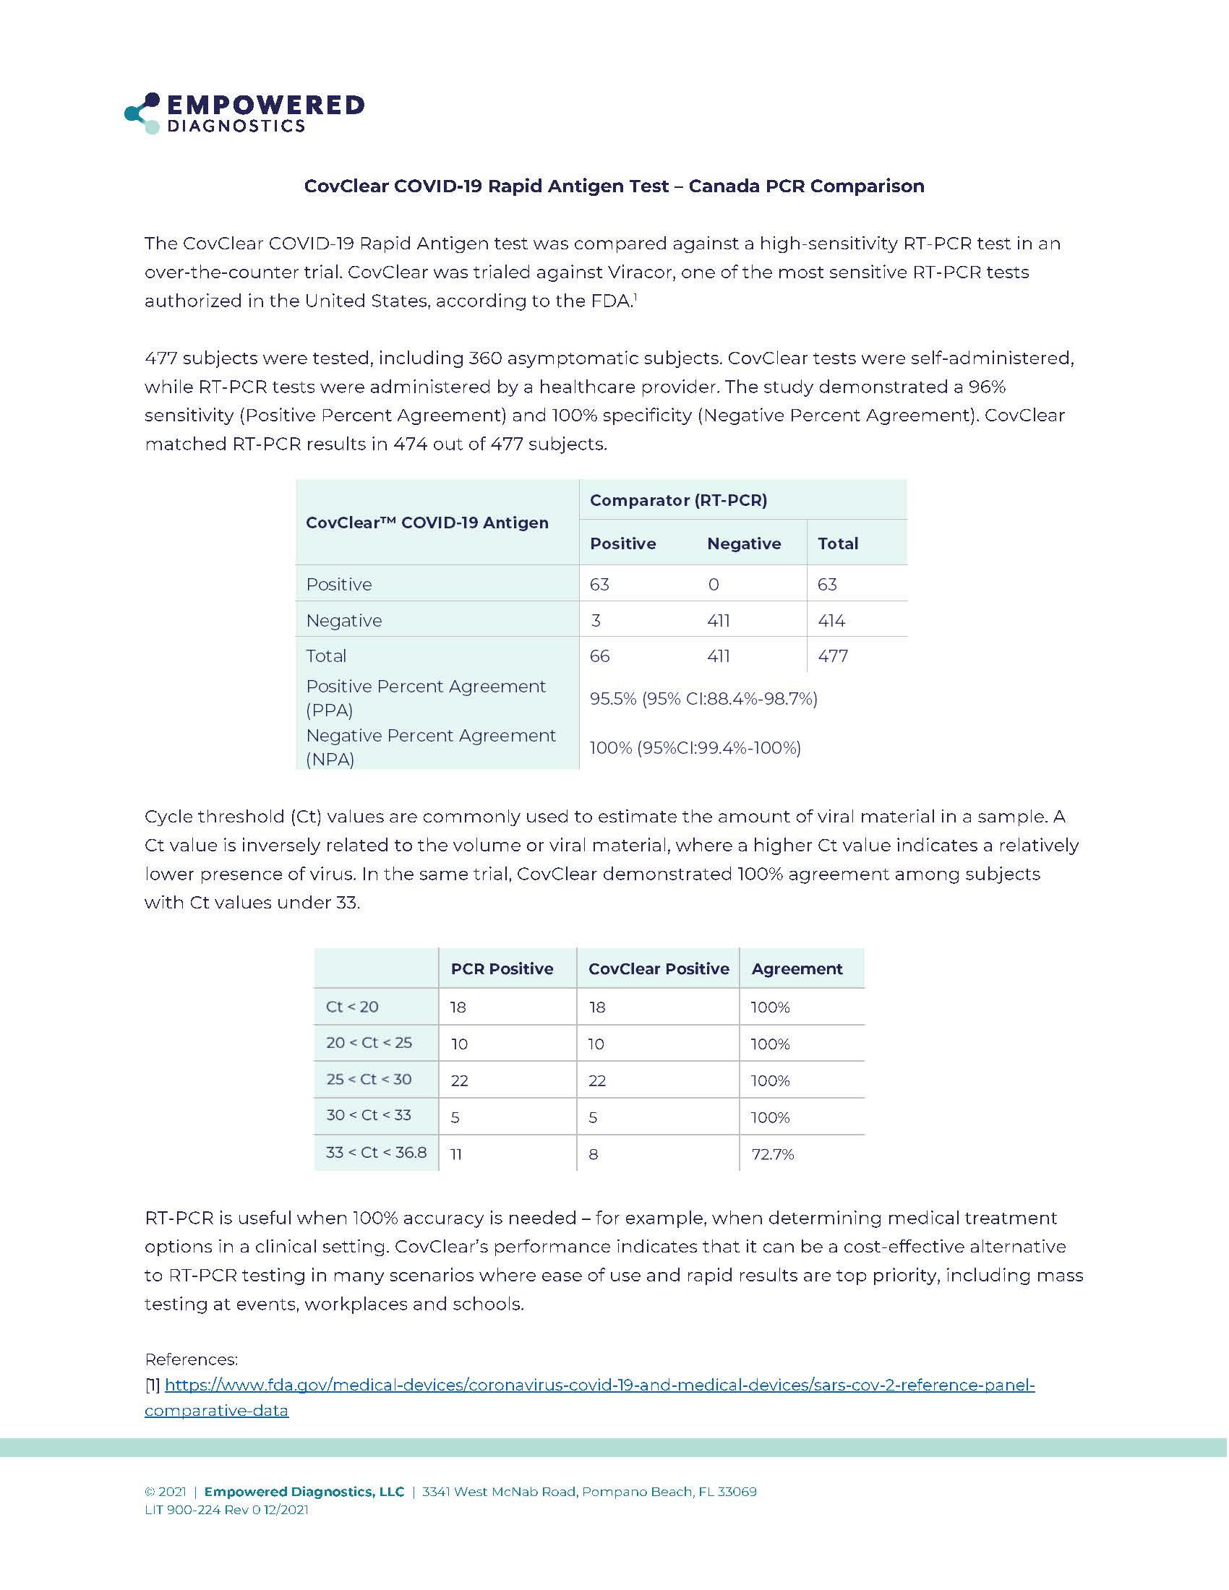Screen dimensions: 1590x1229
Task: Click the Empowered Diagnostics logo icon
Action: tap(142, 113)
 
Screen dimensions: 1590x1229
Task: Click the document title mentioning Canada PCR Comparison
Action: tap(614, 186)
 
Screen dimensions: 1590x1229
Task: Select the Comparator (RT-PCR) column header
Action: tap(678, 500)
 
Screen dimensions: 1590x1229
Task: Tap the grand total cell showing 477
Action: tap(832, 656)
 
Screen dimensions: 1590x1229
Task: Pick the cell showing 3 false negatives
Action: tap(596, 620)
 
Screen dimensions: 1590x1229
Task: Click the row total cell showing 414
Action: tap(831, 620)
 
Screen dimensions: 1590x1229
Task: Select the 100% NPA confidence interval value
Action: tap(695, 748)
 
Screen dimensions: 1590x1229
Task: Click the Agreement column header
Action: tap(797, 969)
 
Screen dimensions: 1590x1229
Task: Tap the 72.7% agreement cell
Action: tap(773, 1154)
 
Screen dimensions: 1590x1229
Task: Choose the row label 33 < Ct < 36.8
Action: tap(376, 1153)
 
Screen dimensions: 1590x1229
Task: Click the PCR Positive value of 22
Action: tap(458, 1080)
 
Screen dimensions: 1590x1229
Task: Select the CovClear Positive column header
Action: tap(658, 969)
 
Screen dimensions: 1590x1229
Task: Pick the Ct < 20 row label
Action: tap(351, 1007)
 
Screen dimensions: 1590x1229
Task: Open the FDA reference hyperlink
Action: tap(599, 1385)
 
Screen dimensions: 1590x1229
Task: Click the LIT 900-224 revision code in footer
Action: tap(226, 1509)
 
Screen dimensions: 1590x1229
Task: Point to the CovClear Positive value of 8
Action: tap(593, 1154)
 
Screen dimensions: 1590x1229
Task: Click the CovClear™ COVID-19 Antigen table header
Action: tap(427, 523)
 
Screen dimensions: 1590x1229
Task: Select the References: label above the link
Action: tap(191, 1359)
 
